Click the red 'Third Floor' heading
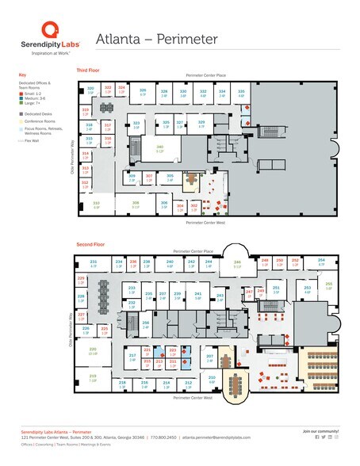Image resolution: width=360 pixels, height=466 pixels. click(x=88, y=71)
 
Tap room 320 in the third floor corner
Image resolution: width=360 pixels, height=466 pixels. click(x=90, y=90)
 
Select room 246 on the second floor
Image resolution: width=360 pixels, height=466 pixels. click(x=236, y=264)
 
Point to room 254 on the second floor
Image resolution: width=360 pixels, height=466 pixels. click(x=321, y=261)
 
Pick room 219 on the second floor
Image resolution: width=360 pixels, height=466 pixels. click(x=93, y=377)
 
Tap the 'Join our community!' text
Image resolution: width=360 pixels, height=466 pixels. click(x=320, y=430)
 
